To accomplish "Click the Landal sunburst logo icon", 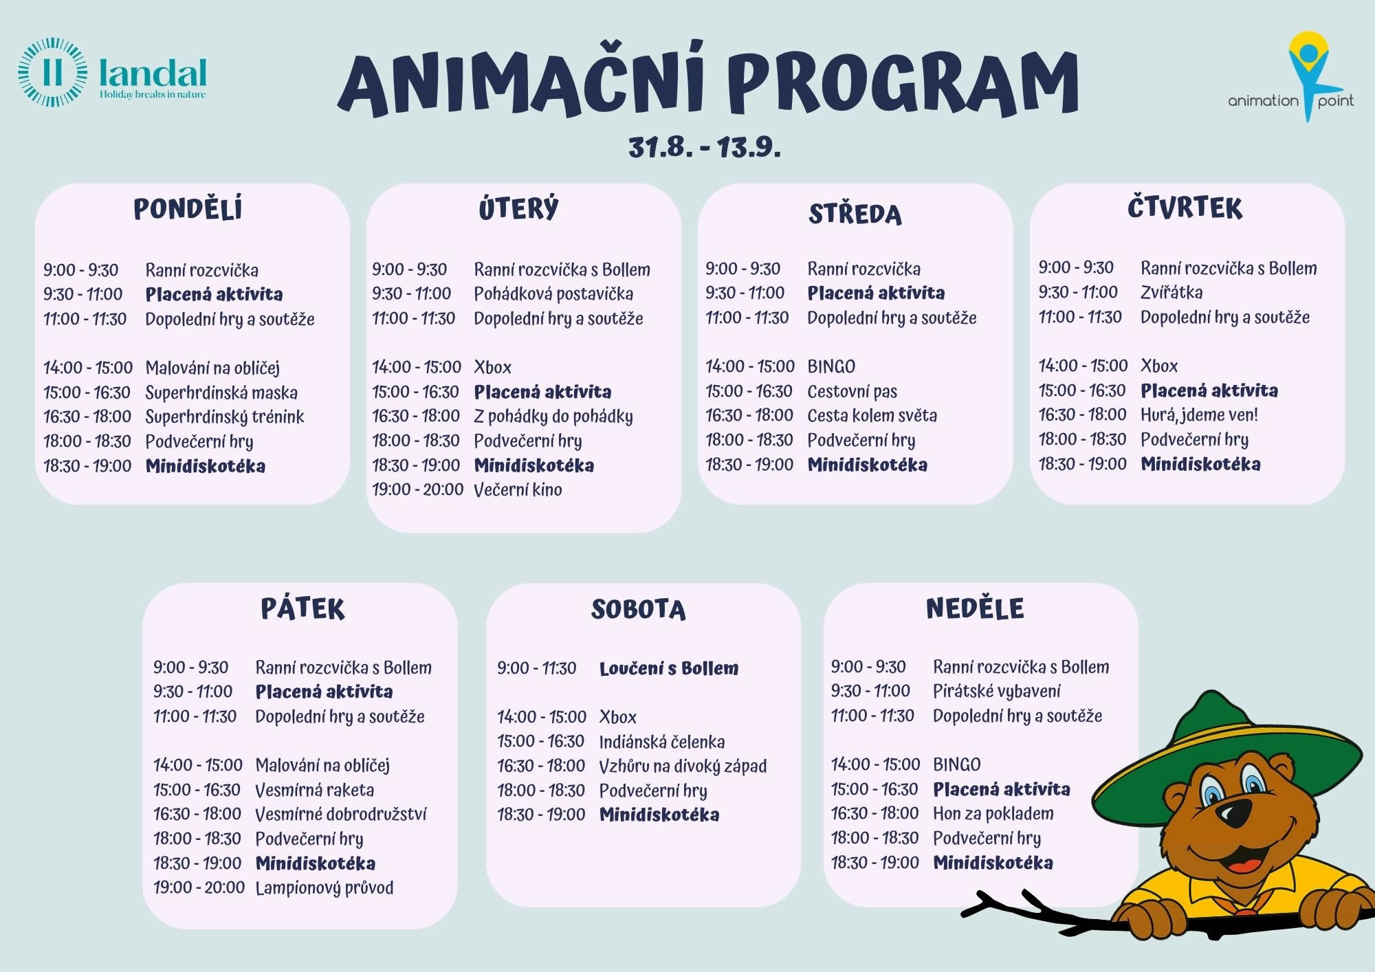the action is (53, 73).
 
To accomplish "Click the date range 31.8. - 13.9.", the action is (705, 147).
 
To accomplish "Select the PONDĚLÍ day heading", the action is (188, 209).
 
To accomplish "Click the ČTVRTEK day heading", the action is (1185, 208).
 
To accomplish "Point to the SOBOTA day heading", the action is (639, 610).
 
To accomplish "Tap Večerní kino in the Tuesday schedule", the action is (518, 489).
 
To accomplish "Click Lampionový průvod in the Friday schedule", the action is (324, 887).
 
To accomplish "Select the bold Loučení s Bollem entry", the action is (669, 668).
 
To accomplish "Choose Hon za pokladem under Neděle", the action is (993, 814).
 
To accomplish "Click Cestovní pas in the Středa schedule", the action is (852, 392).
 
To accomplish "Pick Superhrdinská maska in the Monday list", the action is (221, 393).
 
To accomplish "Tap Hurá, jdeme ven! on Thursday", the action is (1199, 415).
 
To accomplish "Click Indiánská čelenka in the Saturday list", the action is (662, 742).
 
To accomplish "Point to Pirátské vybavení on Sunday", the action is (997, 691).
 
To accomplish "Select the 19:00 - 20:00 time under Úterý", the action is (418, 489).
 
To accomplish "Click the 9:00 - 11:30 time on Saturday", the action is (537, 668).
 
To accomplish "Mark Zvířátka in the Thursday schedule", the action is (1171, 292).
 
